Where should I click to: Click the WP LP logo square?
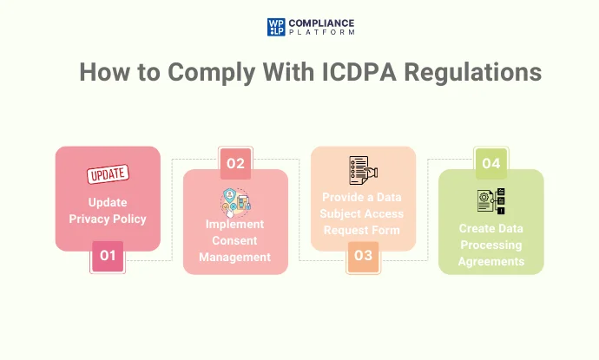(276, 27)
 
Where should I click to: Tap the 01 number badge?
(108, 256)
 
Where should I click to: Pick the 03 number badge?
(363, 256)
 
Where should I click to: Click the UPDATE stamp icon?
(109, 175)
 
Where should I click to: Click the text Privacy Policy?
(108, 219)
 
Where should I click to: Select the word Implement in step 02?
(234, 224)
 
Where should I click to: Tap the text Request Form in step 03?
(363, 230)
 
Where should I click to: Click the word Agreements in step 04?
(491, 260)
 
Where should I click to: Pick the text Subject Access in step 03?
(363, 213)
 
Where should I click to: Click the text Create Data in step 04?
(491, 228)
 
